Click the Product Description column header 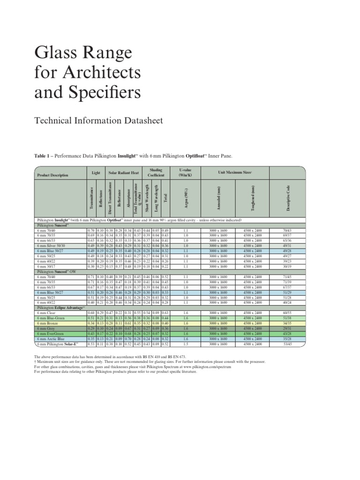52,175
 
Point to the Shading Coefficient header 156,172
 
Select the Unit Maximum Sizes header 235,172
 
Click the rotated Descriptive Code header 287,198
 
